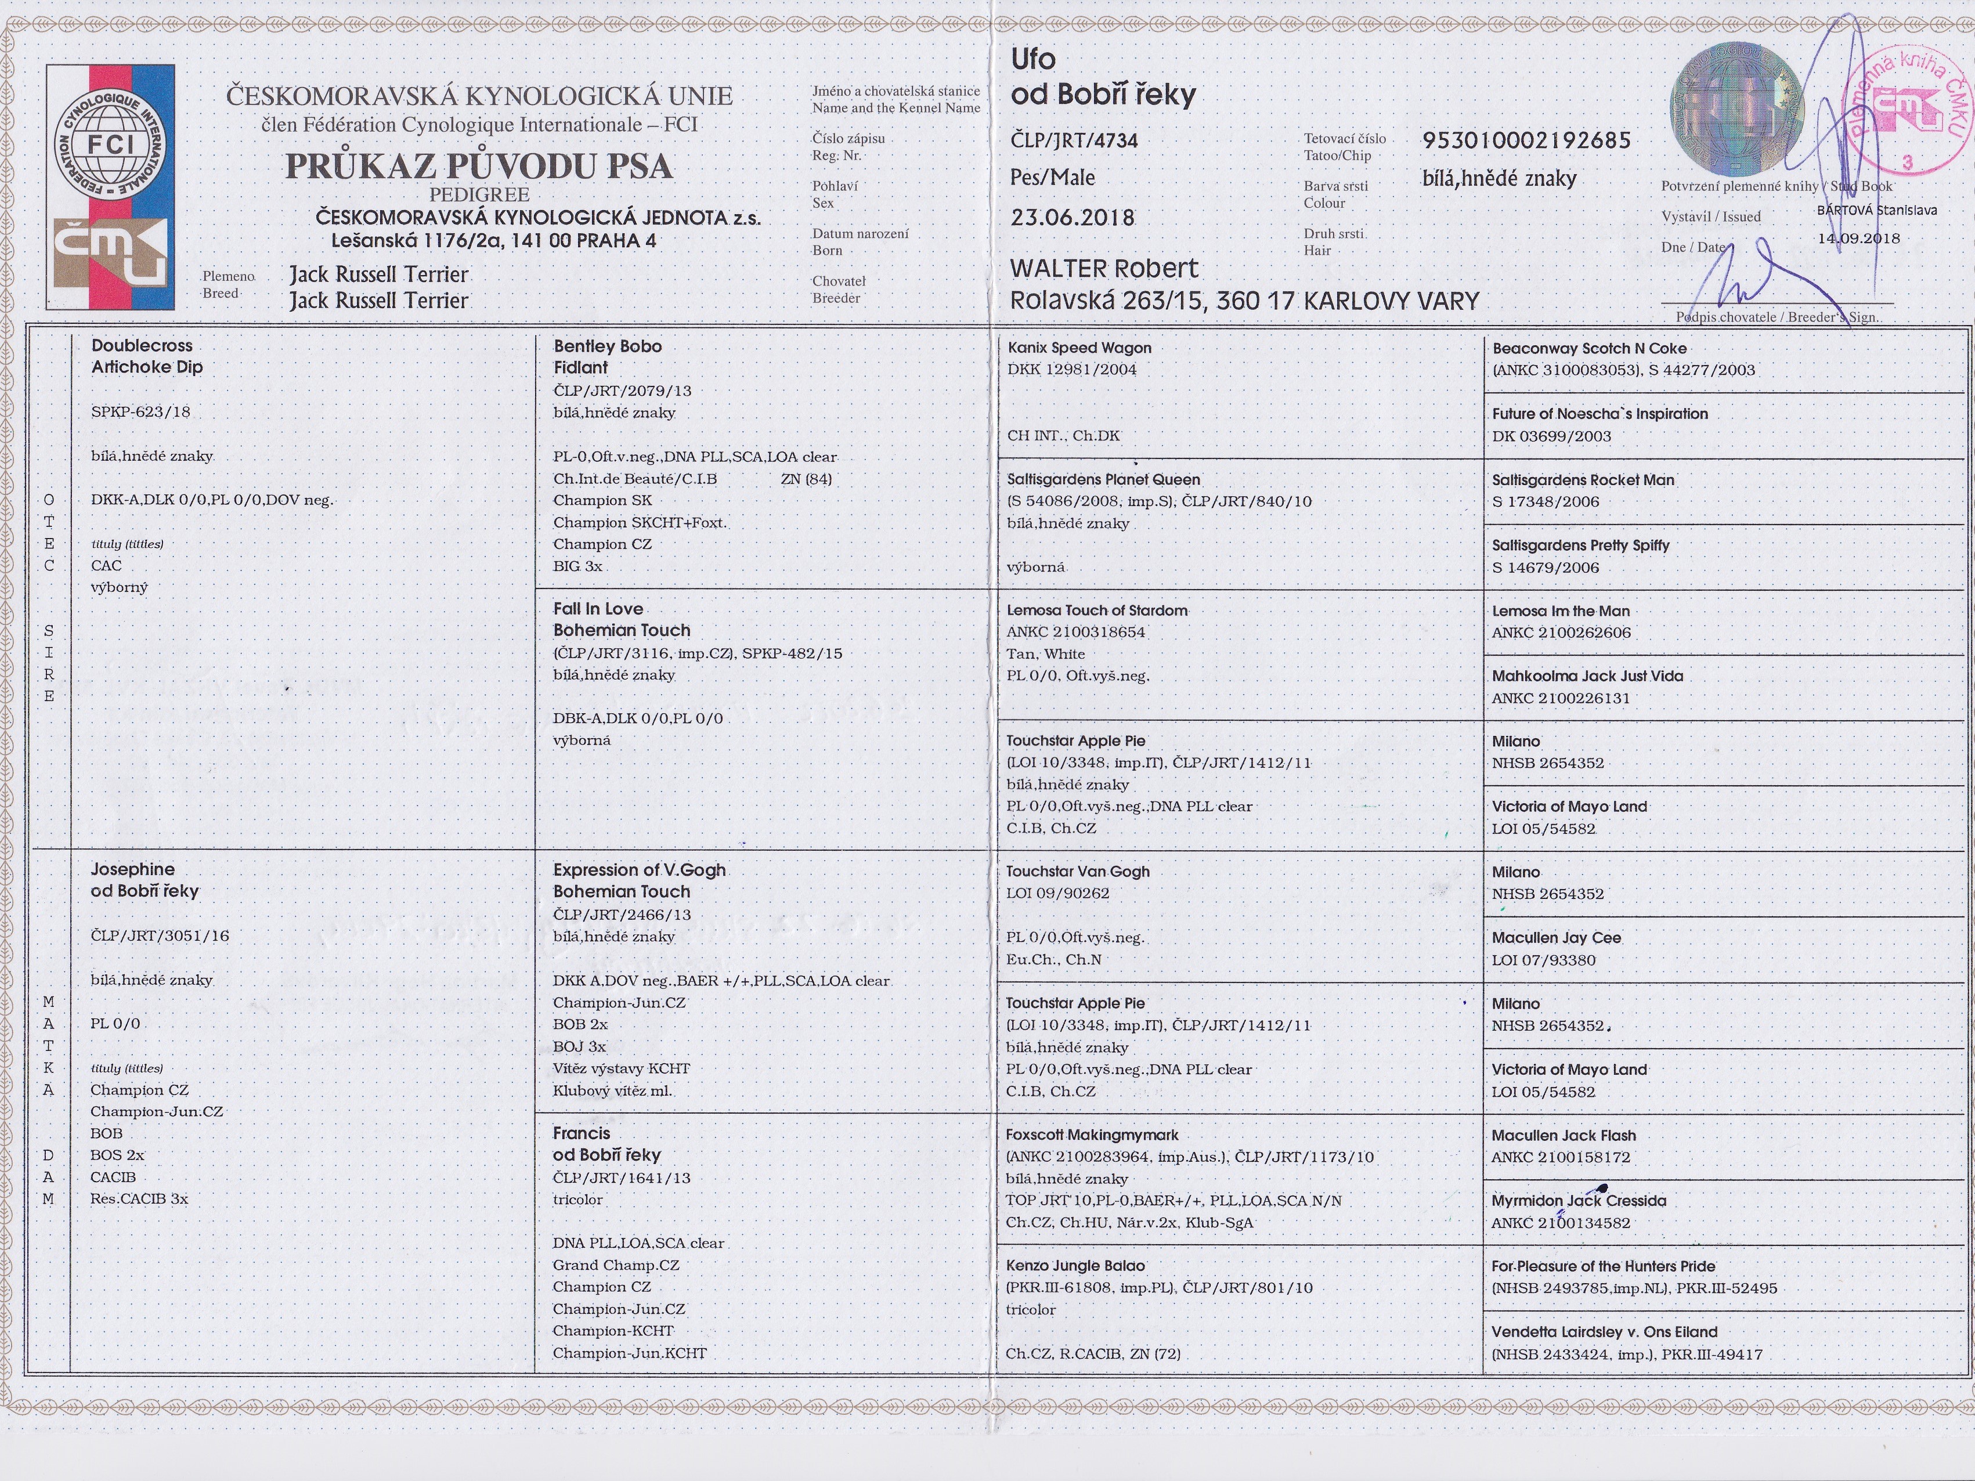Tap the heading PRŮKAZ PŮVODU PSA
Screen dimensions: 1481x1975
[x=479, y=166]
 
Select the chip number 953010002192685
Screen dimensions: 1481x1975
[x=1526, y=140]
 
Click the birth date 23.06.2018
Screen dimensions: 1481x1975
[x=1073, y=218]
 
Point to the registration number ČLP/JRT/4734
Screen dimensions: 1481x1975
[x=1074, y=140]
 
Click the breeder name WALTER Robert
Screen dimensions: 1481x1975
[x=1103, y=269]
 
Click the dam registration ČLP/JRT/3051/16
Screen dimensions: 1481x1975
[x=160, y=935]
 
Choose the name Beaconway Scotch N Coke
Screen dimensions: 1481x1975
[x=1589, y=348]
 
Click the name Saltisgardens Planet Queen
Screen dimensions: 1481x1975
[x=1103, y=479]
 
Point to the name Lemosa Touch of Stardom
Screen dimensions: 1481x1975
[x=1096, y=611]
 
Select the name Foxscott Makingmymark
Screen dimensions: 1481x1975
[x=1092, y=1135]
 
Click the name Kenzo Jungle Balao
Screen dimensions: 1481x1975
[x=1075, y=1266]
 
